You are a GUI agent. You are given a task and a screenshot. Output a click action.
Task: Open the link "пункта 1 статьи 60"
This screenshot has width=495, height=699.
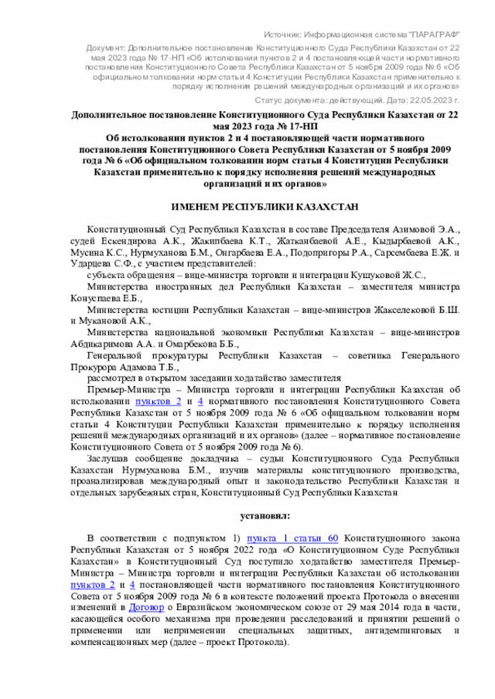click(x=292, y=538)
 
